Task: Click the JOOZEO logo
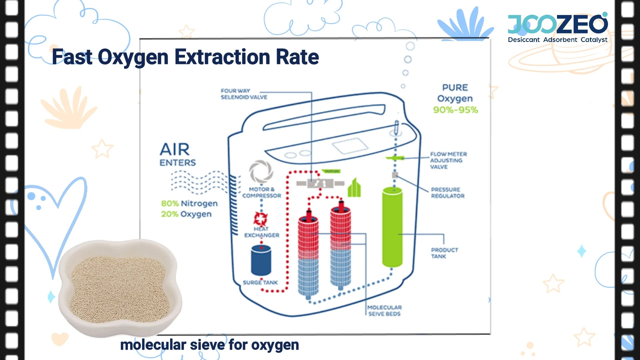click(558, 28)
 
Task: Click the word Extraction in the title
click(222, 57)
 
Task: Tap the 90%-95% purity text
click(455, 110)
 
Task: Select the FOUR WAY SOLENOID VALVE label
click(244, 94)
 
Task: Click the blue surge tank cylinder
click(261, 260)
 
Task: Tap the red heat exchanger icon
click(260, 219)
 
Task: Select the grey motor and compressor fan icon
click(261, 171)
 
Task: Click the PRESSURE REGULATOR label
click(447, 193)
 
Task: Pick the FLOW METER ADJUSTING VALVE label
click(448, 160)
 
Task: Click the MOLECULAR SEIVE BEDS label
click(384, 311)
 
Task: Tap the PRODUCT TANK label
click(444, 253)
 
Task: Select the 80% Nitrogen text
click(189, 203)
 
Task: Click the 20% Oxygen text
click(186, 214)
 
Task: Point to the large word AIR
click(175, 149)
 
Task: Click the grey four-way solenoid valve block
click(320, 183)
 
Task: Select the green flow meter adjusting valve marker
click(395, 158)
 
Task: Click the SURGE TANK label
click(260, 283)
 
